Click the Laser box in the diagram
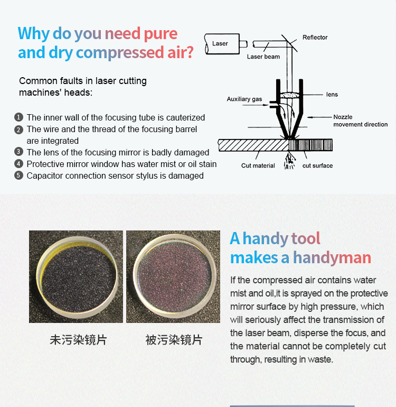[222, 44]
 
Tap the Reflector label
[315, 38]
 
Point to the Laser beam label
[263, 57]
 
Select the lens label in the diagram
[332, 95]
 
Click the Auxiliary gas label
[244, 99]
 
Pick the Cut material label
[258, 165]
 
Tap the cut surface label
[317, 165]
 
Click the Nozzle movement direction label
[361, 121]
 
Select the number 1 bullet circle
[18, 117]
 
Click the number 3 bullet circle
[18, 152]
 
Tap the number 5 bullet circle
[18, 175]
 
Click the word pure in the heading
[161, 34]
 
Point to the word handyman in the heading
[332, 258]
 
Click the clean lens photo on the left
[76, 276]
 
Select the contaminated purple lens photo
[173, 276]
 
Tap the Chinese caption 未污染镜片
[78, 340]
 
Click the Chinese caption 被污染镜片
[174, 340]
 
